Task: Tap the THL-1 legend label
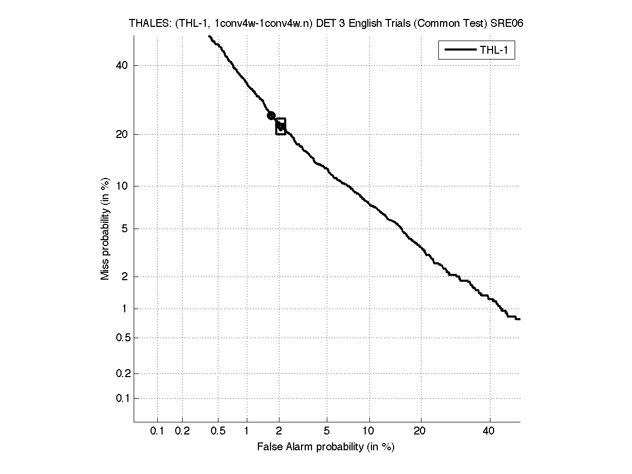(x=494, y=51)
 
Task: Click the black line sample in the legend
(x=460, y=51)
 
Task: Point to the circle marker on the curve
(x=271, y=115)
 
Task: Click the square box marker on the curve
(x=280, y=126)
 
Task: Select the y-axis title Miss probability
(x=105, y=228)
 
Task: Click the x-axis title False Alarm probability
(x=326, y=447)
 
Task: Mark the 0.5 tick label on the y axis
(x=122, y=338)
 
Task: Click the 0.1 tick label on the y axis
(x=122, y=398)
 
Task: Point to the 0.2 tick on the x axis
(x=182, y=431)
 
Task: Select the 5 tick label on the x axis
(x=327, y=431)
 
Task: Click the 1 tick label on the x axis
(x=247, y=431)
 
